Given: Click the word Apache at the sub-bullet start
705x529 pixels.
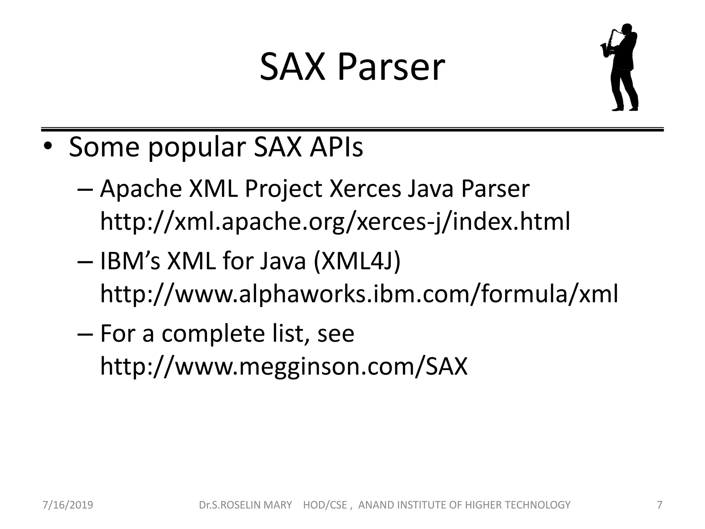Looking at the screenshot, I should (141, 189).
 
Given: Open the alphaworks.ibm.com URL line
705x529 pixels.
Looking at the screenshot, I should (359, 294).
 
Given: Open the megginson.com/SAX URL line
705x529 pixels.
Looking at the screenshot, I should (284, 366).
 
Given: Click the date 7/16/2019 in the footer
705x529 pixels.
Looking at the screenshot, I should (67, 505).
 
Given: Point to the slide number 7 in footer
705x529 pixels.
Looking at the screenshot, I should (660, 505).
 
